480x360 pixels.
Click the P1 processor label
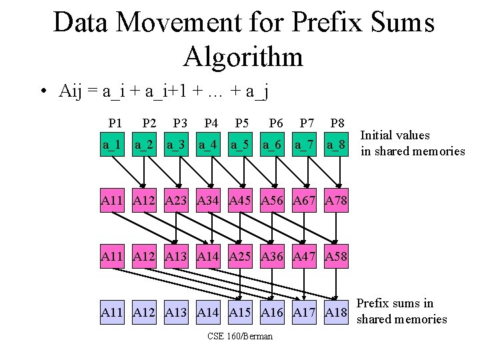(115, 123)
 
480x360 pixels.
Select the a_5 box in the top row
(240, 145)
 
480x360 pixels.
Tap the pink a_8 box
(336, 145)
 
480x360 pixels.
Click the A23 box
(176, 200)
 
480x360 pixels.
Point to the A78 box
(336, 200)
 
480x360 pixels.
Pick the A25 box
(240, 256)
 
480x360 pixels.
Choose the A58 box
(336, 256)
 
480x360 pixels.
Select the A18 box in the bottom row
(336, 311)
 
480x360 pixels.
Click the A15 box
(240, 311)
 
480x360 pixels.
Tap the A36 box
(272, 256)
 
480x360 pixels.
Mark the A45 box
(240, 200)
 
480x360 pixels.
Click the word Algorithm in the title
(243, 56)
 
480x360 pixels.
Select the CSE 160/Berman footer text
(240, 336)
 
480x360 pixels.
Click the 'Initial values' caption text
(395, 135)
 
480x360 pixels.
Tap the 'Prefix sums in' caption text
(395, 303)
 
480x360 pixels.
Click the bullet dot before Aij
(42, 92)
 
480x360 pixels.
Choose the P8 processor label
(337, 123)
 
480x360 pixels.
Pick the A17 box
(304, 311)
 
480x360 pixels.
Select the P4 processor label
(211, 123)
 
